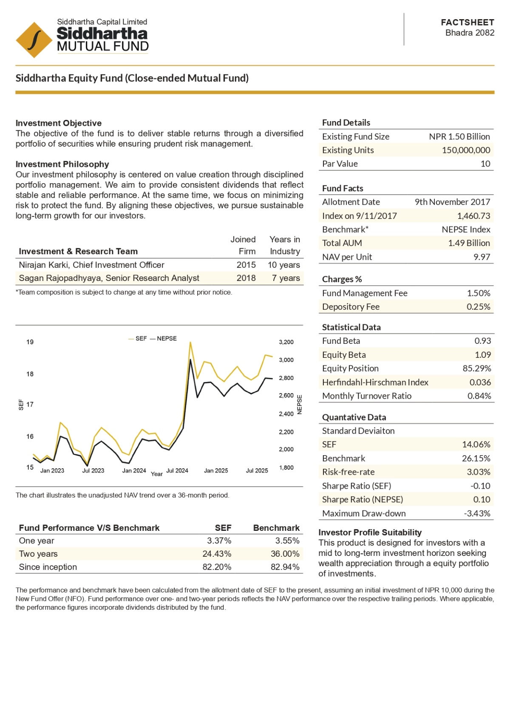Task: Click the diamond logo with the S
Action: [34, 40]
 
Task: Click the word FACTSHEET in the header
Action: [467, 23]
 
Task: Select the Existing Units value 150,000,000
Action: [466, 150]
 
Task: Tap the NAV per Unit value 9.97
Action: [482, 257]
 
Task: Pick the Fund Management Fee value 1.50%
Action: [478, 293]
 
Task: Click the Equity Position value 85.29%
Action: [476, 368]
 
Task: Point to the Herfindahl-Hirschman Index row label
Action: [375, 382]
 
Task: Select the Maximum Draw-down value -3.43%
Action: [477, 513]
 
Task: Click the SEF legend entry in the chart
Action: [138, 338]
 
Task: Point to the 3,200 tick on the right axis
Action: [286, 342]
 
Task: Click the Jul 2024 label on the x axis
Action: [177, 470]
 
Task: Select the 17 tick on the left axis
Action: [30, 404]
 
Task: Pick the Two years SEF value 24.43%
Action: [217, 554]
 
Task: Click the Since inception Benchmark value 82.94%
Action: [285, 567]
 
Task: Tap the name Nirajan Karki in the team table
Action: [44, 265]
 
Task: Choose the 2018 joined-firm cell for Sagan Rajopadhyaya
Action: [246, 278]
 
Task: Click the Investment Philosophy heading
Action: [62, 164]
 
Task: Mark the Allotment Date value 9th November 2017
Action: [452, 202]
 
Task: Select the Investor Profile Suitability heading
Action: [370, 532]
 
